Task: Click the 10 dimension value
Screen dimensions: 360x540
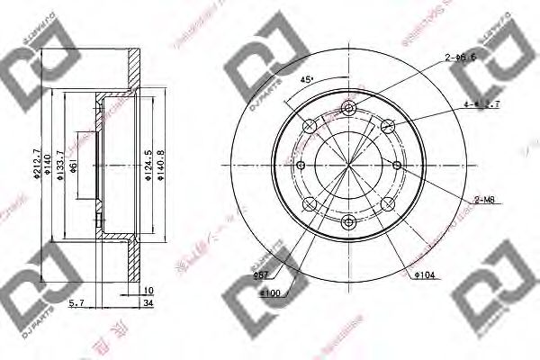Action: [x=148, y=291]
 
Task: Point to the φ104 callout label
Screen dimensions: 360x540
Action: [x=426, y=274]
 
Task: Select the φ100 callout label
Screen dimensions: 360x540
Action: [x=271, y=292]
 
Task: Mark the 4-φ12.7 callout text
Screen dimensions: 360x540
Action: [x=481, y=104]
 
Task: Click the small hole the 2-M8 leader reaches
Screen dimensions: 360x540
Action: [x=396, y=164]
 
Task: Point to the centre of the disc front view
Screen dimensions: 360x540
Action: [x=348, y=165]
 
